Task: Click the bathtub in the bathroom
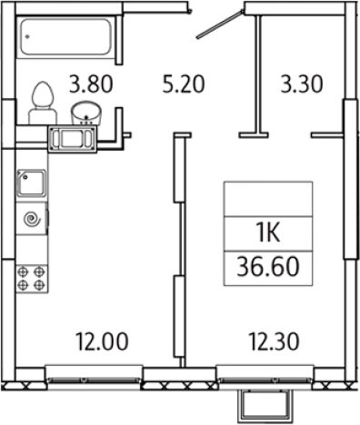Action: [x=66, y=36]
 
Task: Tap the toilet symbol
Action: [x=43, y=103]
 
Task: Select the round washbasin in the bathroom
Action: [x=86, y=113]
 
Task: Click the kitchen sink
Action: [x=31, y=183]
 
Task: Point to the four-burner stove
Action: [x=32, y=279]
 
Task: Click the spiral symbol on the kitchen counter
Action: [x=33, y=219]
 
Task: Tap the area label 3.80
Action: [x=91, y=84]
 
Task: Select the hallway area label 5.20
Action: [x=184, y=84]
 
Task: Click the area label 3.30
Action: [x=302, y=84]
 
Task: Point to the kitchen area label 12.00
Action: [x=102, y=341]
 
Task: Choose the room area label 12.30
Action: [x=274, y=341]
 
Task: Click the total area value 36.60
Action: [x=268, y=267]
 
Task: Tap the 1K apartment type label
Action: [x=268, y=233]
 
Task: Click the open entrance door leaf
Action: [x=220, y=25]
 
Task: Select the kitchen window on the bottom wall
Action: [x=95, y=374]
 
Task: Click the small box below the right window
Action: [x=264, y=406]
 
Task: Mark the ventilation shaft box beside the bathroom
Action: [x=73, y=139]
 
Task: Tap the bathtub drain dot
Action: [x=28, y=37]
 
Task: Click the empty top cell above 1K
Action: [x=268, y=199]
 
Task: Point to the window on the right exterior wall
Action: [x=351, y=179]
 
